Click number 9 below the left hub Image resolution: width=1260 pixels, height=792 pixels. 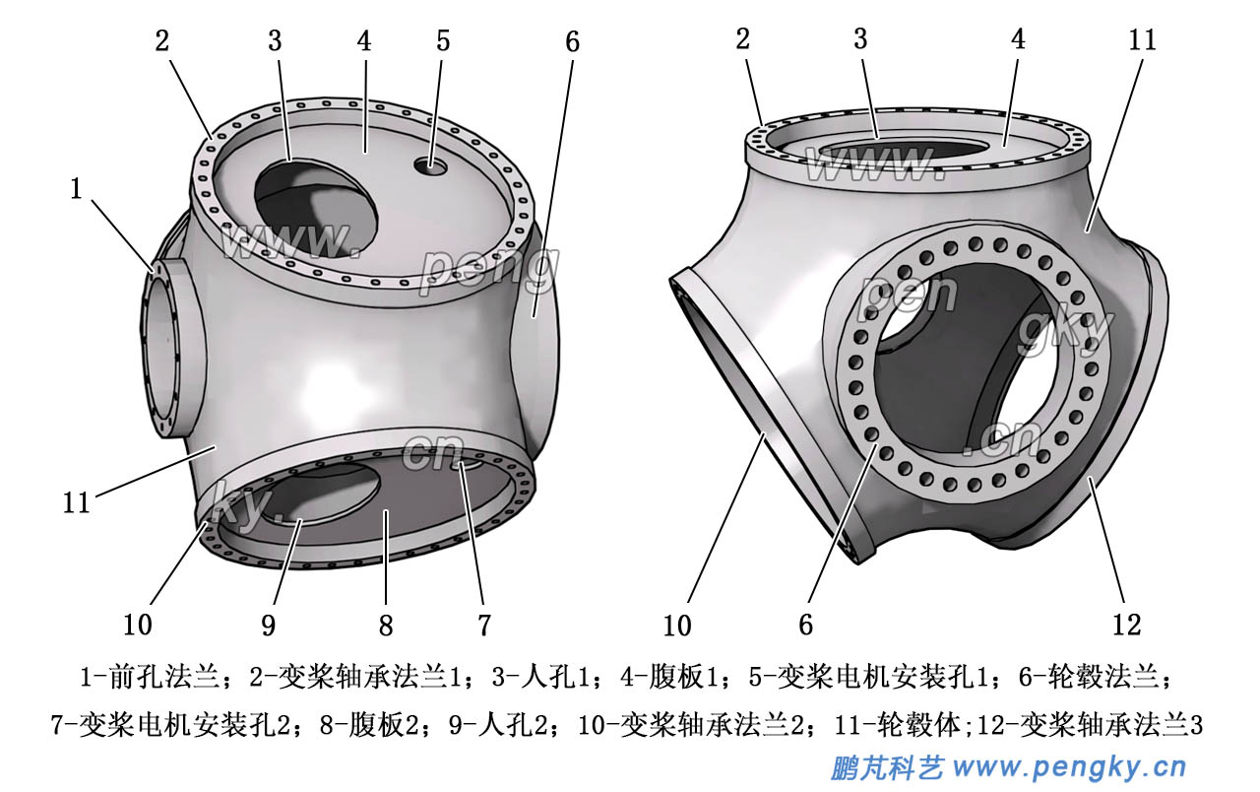268,624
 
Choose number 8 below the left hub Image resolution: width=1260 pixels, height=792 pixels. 386,624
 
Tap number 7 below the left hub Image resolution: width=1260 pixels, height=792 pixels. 484,624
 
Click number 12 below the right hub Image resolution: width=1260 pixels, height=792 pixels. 1126,624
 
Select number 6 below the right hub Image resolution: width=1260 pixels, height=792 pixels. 805,624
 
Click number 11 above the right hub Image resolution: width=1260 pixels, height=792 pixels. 1142,40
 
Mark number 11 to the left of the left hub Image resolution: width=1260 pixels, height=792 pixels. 77,502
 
